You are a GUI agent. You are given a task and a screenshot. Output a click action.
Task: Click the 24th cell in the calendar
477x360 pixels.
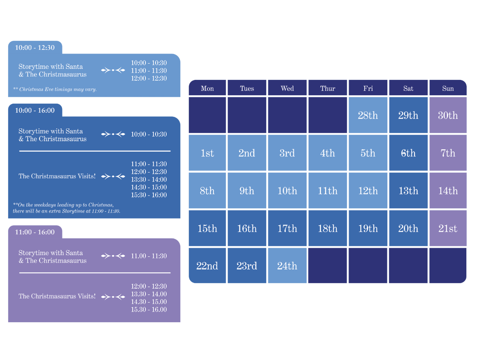pyautogui.click(x=287, y=266)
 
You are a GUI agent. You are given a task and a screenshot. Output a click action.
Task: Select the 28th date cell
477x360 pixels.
pyautogui.click(x=368, y=115)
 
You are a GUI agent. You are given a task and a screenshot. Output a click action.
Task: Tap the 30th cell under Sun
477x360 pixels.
pyautogui.click(x=448, y=115)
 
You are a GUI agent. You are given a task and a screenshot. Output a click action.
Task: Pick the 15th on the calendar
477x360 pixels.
pyautogui.click(x=207, y=228)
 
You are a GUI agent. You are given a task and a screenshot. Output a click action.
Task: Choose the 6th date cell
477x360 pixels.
pyautogui.click(x=408, y=153)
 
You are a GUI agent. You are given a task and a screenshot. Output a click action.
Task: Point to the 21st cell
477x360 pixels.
pyautogui.click(x=448, y=228)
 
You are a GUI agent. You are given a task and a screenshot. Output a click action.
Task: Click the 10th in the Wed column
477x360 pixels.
pyautogui.click(x=287, y=191)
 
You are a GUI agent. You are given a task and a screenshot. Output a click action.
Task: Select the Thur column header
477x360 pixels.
pyautogui.click(x=327, y=88)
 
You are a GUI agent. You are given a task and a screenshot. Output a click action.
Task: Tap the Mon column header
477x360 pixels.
pyautogui.click(x=207, y=88)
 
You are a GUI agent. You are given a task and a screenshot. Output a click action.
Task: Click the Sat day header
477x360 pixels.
pyautogui.click(x=408, y=88)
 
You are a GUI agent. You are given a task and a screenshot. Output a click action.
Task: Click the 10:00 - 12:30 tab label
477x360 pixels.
pyautogui.click(x=35, y=48)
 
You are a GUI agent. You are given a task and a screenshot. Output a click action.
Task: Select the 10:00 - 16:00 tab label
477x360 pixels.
pyautogui.click(x=35, y=111)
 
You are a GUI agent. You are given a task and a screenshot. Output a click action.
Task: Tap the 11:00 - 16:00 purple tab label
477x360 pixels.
pyautogui.click(x=35, y=232)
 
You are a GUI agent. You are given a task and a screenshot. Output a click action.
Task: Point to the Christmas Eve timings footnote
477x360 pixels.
pyautogui.click(x=55, y=89)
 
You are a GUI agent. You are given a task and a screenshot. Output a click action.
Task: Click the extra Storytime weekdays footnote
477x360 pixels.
pyautogui.click(x=66, y=208)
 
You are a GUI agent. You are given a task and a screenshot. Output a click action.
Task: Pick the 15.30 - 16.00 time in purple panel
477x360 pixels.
pyautogui.click(x=149, y=309)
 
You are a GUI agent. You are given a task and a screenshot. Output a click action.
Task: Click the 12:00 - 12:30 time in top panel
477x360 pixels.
pyautogui.click(x=149, y=78)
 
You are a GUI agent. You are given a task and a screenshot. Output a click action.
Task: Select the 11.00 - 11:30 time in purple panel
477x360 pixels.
pyautogui.click(x=149, y=256)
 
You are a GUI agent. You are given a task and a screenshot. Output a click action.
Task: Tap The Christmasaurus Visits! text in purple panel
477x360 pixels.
pyautogui.click(x=57, y=296)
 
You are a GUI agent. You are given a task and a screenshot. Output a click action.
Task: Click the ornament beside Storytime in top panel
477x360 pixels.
pyautogui.click(x=113, y=70)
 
